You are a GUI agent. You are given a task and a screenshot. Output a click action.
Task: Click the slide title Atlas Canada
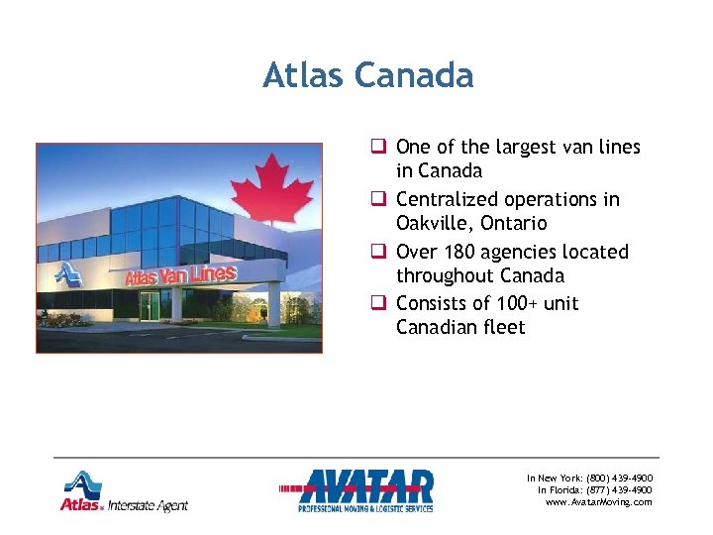(367, 75)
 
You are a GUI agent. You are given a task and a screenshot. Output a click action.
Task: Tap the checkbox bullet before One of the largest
(378, 148)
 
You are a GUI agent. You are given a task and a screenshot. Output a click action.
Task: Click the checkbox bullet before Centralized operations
(378, 200)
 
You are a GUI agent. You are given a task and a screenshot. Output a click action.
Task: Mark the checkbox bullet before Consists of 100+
(378, 304)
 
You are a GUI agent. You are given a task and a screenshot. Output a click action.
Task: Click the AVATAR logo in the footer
(365, 490)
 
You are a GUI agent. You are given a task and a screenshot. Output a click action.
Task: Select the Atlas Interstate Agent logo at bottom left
(122, 491)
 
